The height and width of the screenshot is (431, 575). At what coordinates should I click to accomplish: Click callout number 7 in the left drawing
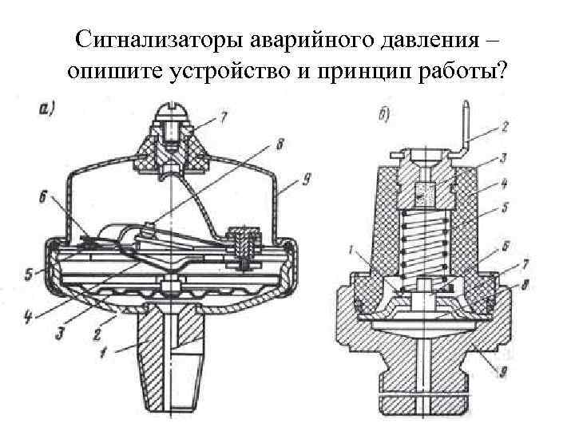224,119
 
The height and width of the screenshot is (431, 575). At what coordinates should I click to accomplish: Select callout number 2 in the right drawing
506,127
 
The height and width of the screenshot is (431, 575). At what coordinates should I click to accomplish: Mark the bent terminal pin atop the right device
465,128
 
